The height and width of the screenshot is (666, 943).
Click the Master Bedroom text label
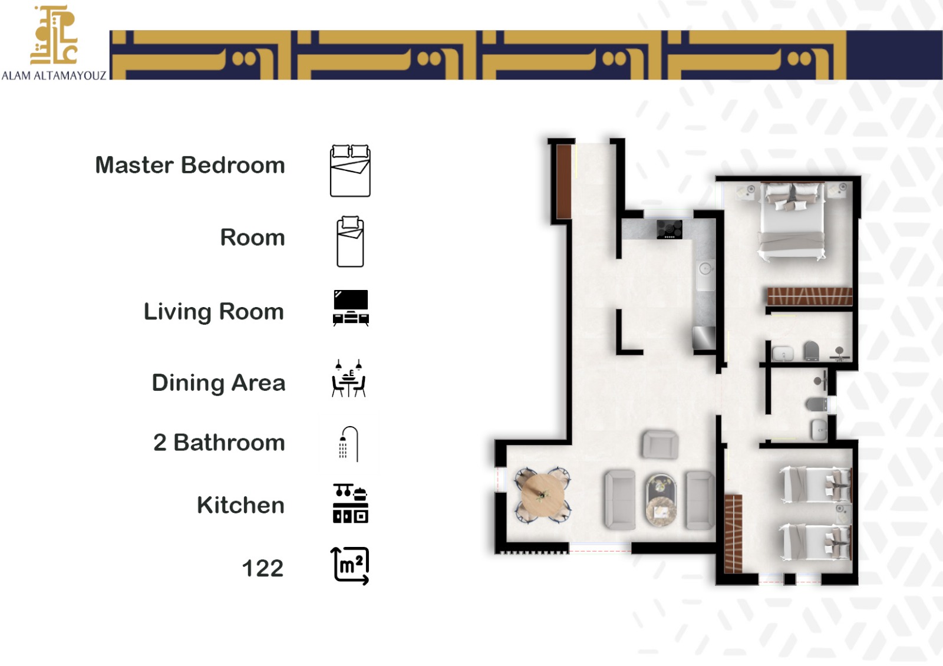coord(190,165)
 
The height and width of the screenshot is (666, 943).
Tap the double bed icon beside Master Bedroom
coord(350,170)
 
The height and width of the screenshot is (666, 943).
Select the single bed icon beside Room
coord(350,242)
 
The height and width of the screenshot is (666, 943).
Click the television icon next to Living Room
coord(351,308)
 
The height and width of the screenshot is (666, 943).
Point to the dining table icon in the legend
coord(348,378)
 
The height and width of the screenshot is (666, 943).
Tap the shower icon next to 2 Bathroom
coord(349,444)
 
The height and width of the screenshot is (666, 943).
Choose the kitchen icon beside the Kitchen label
coord(350,503)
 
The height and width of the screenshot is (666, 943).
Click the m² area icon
coord(350,566)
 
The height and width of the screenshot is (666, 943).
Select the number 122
coord(263,568)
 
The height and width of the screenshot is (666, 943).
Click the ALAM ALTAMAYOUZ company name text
coord(54,76)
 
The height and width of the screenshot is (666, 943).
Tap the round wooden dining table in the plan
coord(543,495)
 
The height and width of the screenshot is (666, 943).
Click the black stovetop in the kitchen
coord(670,229)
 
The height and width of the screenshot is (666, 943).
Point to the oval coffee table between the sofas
coord(661,500)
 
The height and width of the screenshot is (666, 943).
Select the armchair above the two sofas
coord(661,444)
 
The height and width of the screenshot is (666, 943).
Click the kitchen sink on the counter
coord(705,275)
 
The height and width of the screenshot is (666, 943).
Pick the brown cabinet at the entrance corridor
coord(563,182)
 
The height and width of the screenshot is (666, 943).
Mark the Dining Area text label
coord(219,383)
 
